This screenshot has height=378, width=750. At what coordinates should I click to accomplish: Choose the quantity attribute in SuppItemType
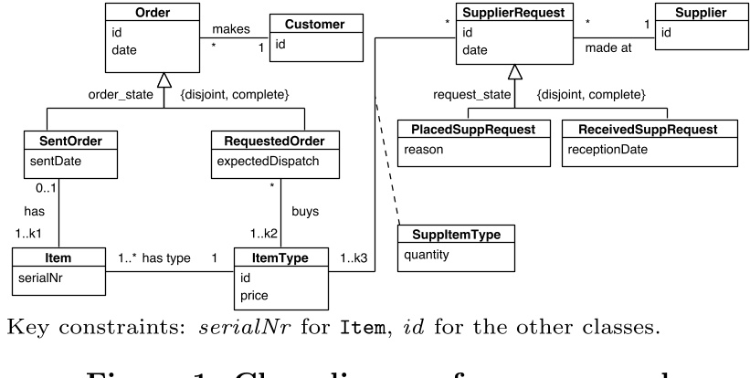pos(427,255)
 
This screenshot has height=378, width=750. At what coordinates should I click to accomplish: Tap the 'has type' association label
pos(166,258)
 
